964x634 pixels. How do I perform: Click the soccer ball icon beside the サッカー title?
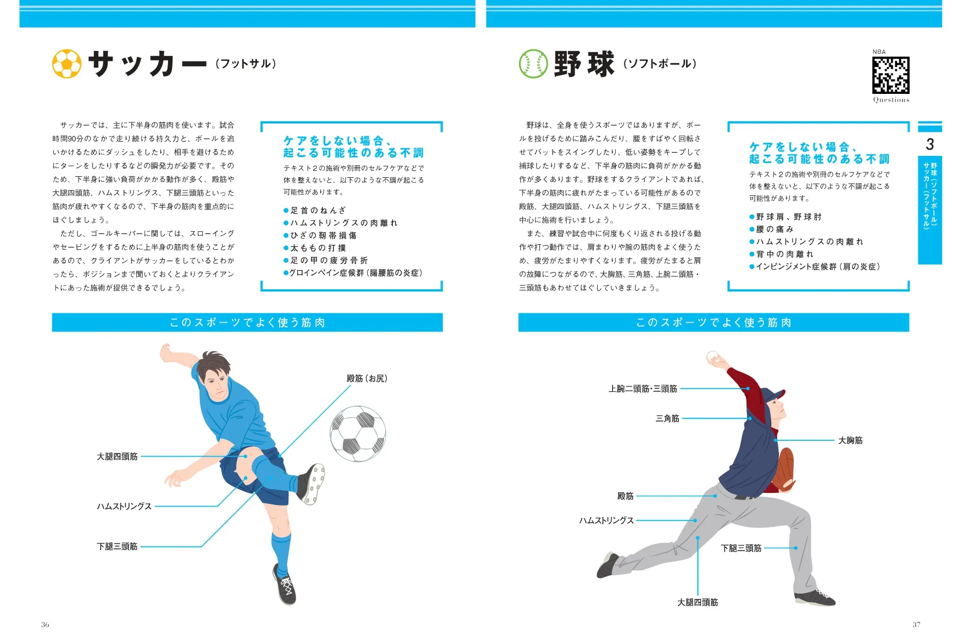tap(66, 64)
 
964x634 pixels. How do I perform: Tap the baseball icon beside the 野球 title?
tap(533, 64)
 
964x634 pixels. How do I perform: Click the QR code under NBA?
tap(890, 75)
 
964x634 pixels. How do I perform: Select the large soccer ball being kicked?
tap(358, 433)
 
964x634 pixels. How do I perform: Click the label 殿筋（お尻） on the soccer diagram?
tap(367, 378)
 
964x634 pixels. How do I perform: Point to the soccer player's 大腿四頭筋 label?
tap(117, 456)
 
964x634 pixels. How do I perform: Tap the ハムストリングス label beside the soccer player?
tap(124, 506)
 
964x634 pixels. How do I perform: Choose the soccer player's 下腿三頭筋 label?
tap(117, 546)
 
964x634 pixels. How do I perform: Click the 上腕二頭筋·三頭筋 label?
tap(643, 389)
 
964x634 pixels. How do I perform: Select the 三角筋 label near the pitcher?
tap(667, 418)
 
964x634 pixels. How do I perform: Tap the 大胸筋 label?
tap(850, 440)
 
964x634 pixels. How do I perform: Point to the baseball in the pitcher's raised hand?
tap(712, 356)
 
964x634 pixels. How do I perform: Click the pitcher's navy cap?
tap(772, 395)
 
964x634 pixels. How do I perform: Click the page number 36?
tap(45, 624)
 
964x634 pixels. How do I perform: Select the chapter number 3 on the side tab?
tap(929, 144)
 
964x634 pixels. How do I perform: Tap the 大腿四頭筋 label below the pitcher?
tap(698, 602)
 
